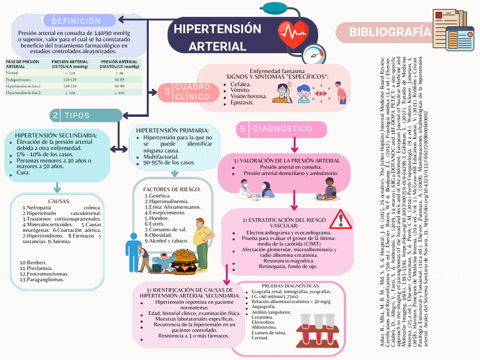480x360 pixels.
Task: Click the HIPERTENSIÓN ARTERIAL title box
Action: click(217, 37)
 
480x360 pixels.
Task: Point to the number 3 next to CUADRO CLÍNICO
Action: click(167, 92)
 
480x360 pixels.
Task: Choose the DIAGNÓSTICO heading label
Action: click(282, 129)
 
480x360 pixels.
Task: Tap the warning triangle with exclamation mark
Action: click(340, 219)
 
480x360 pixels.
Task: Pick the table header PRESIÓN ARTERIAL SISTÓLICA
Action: click(70, 64)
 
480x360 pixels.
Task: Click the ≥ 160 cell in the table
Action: click(70, 92)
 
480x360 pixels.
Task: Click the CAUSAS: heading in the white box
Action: click(59, 201)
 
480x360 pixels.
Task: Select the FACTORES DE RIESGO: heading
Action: click(172, 189)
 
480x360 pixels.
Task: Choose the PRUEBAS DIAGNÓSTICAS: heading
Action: click(293, 286)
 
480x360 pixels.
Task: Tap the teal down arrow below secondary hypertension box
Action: click(57, 187)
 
